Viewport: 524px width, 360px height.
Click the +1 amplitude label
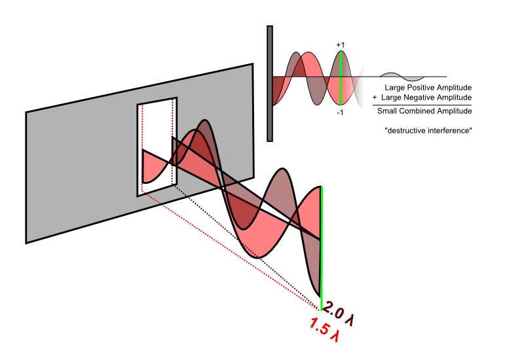[341, 45]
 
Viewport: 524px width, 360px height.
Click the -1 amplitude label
[341, 113]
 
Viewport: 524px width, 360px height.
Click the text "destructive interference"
[430, 132]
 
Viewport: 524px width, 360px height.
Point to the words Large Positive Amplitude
[428, 87]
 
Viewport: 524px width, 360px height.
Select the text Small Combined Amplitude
[424, 111]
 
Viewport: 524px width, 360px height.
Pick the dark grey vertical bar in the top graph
[269, 83]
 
